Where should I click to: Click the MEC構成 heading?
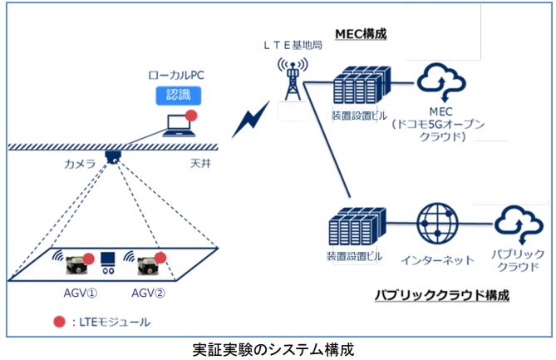[361, 34]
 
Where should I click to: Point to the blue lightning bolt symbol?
[249, 121]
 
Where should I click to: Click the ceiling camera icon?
[114, 156]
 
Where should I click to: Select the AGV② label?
[147, 293]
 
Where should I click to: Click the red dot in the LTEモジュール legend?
[59, 321]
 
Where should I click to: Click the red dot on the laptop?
[191, 115]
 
